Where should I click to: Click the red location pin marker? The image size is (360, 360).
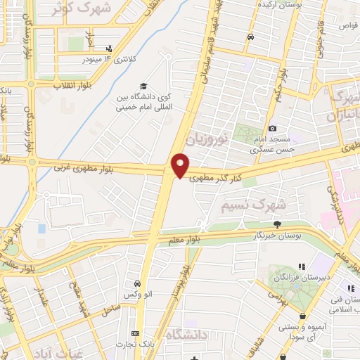(181, 165)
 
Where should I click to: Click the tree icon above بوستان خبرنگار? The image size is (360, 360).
(277, 224)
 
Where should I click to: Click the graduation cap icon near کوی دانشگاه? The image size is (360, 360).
(144, 84)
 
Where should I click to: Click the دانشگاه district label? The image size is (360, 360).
(189, 337)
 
